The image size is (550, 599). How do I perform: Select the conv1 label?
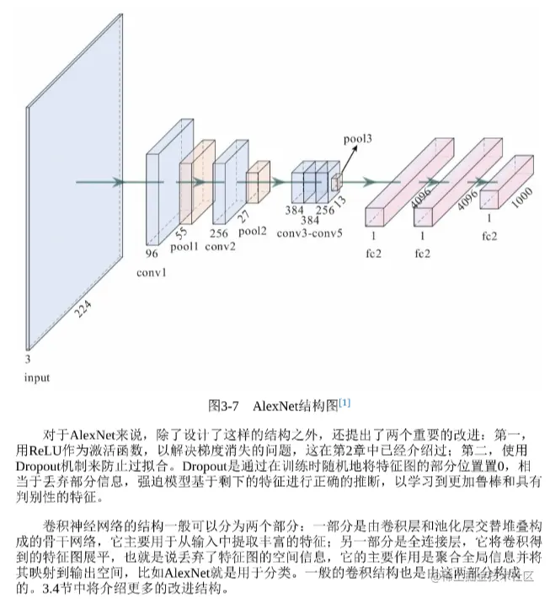pos(152,272)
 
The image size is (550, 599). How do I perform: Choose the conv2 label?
pos(220,246)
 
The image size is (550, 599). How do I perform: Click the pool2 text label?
pos(254,230)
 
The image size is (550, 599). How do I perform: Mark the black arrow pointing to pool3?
pos(347,160)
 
